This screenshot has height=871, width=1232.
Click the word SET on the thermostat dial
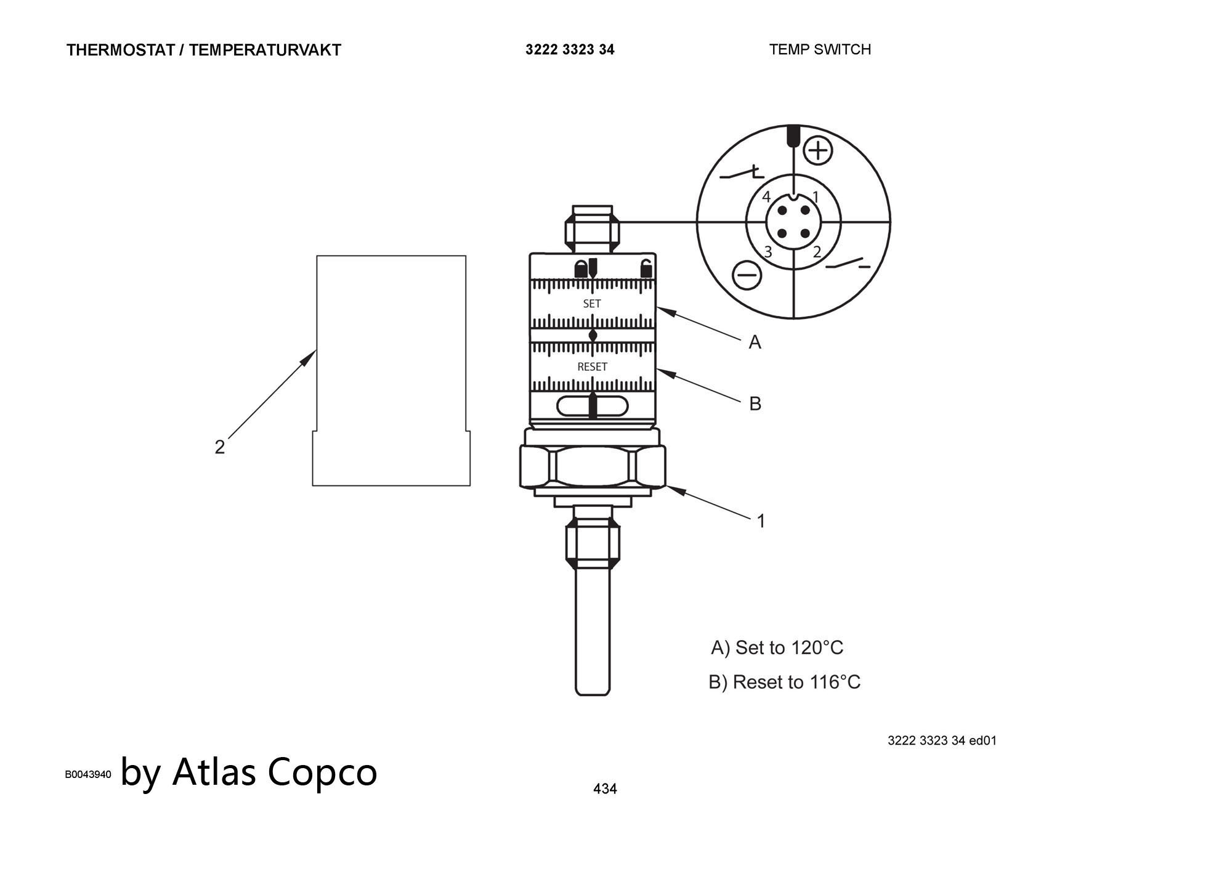(x=591, y=304)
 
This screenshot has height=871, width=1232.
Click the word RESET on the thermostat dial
(x=592, y=367)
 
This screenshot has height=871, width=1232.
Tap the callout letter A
(x=755, y=342)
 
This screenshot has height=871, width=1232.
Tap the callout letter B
(x=755, y=403)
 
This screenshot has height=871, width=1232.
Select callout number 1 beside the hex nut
(x=761, y=521)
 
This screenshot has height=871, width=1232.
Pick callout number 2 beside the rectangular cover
(x=220, y=447)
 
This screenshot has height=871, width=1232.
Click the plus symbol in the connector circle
(x=819, y=150)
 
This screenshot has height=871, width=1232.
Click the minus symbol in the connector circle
(x=747, y=275)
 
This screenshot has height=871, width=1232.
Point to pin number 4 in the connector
(x=766, y=197)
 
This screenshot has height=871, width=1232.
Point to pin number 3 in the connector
(x=768, y=251)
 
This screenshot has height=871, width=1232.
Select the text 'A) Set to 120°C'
(x=777, y=647)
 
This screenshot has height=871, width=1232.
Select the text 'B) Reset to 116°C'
(x=784, y=682)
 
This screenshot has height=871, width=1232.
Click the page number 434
(x=605, y=788)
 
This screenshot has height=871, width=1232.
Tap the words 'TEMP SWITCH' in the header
(x=820, y=49)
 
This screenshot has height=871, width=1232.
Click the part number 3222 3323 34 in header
(x=570, y=49)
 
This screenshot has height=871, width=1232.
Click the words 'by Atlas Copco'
(x=249, y=772)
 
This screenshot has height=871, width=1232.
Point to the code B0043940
(x=88, y=774)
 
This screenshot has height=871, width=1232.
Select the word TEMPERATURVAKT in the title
(x=265, y=50)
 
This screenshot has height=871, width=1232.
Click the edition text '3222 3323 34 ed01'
(x=942, y=740)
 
